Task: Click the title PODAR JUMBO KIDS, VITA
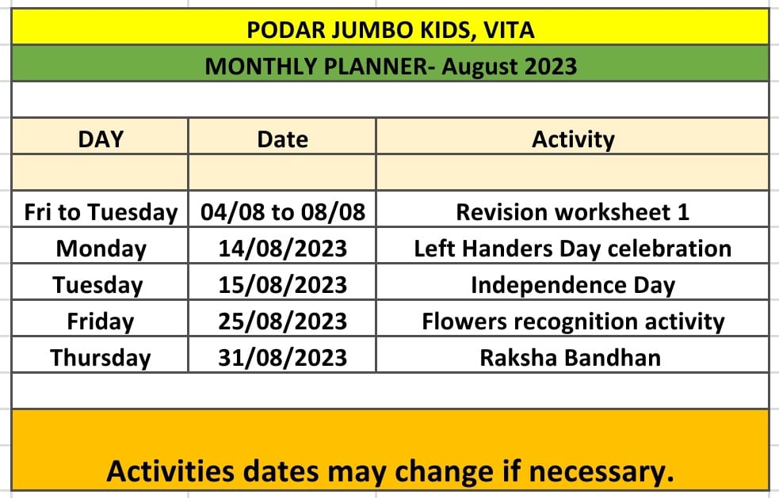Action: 391,30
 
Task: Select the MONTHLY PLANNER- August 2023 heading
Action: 391,67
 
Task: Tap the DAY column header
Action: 101,139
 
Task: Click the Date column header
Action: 282,139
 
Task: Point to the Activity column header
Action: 573,140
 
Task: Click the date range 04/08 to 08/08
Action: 283,212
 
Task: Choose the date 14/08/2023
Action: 282,249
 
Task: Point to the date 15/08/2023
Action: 282,285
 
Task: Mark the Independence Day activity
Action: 573,286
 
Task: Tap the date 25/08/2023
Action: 282,321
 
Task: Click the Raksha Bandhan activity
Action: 571,358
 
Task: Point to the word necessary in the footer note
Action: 601,472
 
